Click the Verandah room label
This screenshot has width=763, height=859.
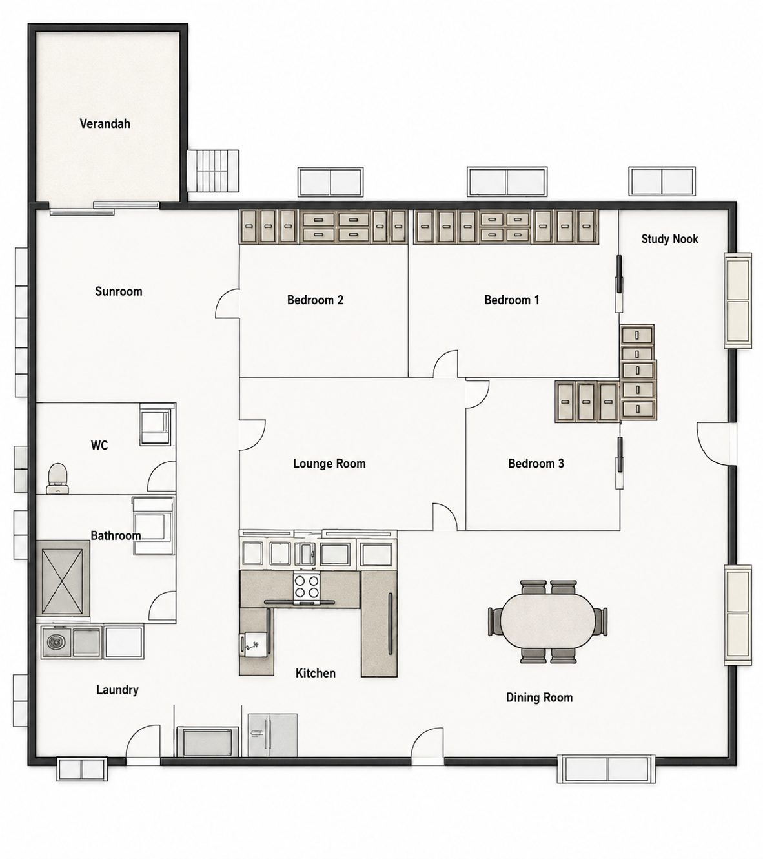tap(105, 124)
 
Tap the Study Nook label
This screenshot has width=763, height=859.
tap(669, 239)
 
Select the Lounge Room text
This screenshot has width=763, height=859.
tap(329, 464)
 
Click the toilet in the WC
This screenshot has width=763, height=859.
tap(57, 479)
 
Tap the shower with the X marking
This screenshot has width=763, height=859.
tap(63, 578)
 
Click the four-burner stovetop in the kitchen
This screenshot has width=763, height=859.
tap(307, 586)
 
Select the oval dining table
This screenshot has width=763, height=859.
tap(547, 620)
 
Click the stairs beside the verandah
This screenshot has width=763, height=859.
tap(213, 171)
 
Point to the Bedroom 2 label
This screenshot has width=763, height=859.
tap(316, 300)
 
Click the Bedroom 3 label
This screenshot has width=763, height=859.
tap(536, 464)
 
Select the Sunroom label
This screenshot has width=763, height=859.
tap(119, 291)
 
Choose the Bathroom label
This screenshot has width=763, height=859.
tap(116, 535)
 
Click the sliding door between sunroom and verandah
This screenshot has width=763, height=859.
tap(105, 208)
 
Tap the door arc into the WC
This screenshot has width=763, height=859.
tap(161, 477)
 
